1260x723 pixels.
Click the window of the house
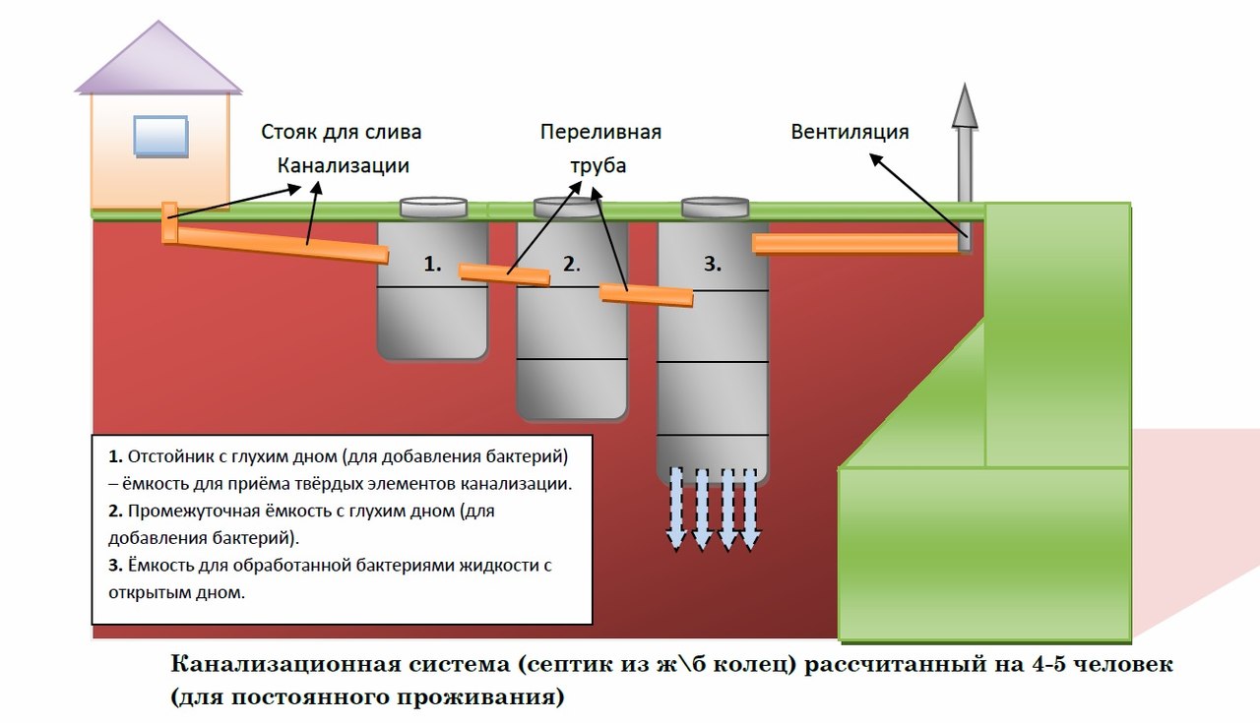160,135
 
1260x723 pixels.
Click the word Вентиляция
850,132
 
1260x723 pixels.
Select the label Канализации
343,165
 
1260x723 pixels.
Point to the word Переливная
599,132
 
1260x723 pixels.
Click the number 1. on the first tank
432,264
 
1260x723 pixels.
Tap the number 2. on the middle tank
572,264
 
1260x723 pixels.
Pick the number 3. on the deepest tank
713,264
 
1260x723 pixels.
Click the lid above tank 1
433,207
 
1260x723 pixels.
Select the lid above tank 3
714,207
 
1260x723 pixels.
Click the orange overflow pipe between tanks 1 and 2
504,273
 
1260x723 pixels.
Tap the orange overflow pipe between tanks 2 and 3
646,294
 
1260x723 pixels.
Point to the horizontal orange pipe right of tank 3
854,243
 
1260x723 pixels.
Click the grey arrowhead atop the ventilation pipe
965,105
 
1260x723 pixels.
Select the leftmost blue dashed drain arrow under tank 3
676,508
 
